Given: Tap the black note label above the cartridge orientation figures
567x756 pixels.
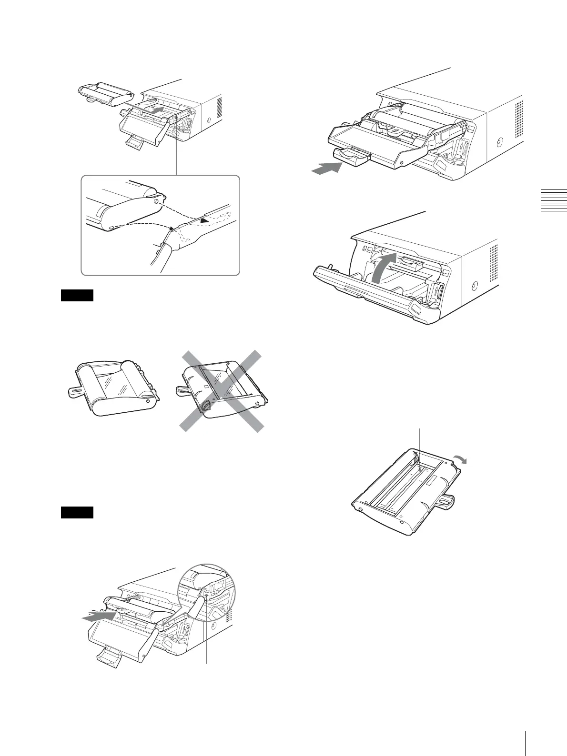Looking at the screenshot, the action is pos(77,296).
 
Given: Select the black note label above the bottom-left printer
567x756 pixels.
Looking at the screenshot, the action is pos(77,512).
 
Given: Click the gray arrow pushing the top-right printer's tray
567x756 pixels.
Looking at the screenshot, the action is pos(327,168).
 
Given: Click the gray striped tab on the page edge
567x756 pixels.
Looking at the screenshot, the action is pos(555,202).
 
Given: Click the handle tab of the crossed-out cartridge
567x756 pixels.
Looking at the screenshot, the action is pos(182,390).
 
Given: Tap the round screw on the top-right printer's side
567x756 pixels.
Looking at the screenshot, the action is pos(499,142).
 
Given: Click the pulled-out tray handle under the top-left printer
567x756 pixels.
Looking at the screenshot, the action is pos(135,142).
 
